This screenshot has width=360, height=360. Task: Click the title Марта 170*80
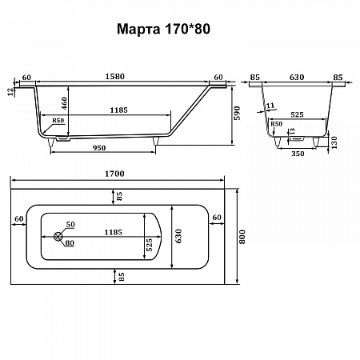[x=163, y=29]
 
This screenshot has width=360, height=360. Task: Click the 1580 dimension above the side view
[x=114, y=77]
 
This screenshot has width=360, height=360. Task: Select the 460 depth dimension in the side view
[x=64, y=103]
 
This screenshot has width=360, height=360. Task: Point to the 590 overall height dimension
[x=237, y=113]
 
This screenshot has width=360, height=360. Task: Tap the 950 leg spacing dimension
[x=99, y=148]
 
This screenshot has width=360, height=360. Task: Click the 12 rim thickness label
[x=10, y=92]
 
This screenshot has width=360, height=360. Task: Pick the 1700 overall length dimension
[x=114, y=174]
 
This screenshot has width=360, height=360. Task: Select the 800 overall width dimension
[x=242, y=237]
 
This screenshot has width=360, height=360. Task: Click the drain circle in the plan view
[x=58, y=236]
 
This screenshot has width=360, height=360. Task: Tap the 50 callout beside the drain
[x=70, y=224]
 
